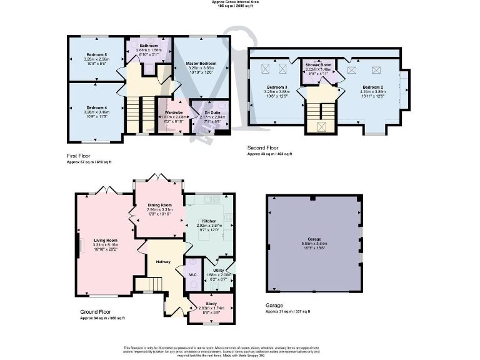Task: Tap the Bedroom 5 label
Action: [x=96, y=55]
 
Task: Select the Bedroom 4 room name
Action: [x=96, y=107]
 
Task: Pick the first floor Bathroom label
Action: [x=149, y=46]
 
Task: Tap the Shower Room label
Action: [x=317, y=64]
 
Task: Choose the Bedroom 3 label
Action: [x=276, y=87]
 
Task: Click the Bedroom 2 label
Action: [x=372, y=87]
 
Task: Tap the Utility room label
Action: [x=218, y=270]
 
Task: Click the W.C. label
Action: [x=193, y=274]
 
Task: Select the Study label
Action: [x=211, y=304]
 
